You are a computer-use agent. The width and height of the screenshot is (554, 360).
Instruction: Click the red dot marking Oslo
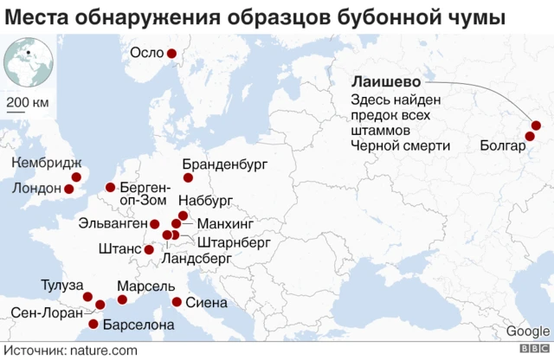(171, 54)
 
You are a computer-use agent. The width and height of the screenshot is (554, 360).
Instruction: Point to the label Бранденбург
(223, 164)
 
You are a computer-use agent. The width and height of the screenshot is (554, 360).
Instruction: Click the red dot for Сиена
(177, 302)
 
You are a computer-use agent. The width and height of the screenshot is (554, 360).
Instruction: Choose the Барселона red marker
(93, 325)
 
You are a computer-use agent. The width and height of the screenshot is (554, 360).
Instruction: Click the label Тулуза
(61, 285)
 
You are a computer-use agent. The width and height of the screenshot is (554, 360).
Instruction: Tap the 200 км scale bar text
(29, 104)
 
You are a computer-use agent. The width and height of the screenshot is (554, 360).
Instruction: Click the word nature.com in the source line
(104, 350)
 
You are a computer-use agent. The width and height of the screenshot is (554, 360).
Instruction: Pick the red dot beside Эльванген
(155, 223)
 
